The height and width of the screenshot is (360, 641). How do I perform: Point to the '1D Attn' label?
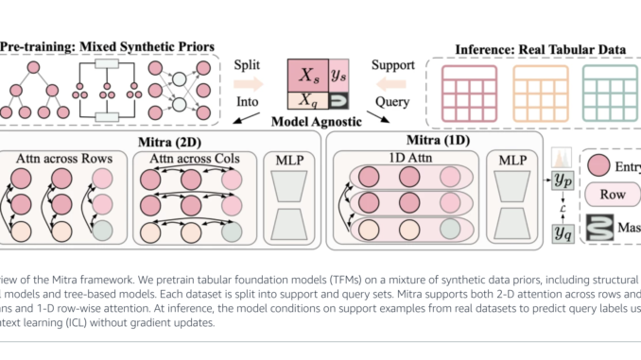coord(400,155)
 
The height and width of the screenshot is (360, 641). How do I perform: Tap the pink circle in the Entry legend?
coord(603,167)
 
